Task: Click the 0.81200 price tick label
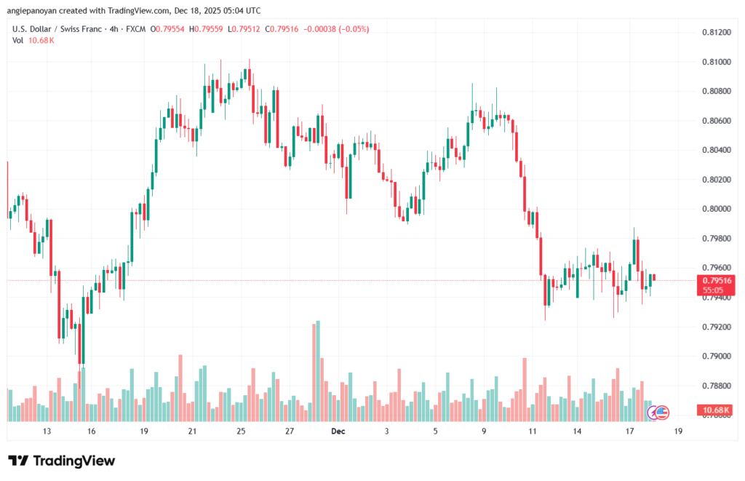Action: (717, 33)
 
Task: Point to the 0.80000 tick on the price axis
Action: (717, 209)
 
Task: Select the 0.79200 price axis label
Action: (717, 327)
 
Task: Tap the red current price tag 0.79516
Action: (717, 280)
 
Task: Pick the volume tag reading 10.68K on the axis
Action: (717, 410)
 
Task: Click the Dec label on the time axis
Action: (338, 432)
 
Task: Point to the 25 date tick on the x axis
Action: (241, 432)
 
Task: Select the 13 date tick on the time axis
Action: (47, 432)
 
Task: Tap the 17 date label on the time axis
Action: (629, 432)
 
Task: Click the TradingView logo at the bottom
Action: (62, 461)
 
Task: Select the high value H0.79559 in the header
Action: (207, 29)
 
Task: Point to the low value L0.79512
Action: (246, 29)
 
